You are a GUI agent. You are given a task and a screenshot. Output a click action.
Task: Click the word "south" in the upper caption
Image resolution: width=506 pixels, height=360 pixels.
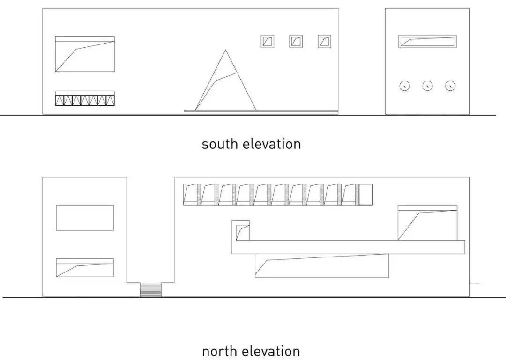pyautogui.click(x=220, y=144)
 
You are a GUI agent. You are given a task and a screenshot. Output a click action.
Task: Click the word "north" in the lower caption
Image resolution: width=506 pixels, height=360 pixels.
pyautogui.click(x=219, y=351)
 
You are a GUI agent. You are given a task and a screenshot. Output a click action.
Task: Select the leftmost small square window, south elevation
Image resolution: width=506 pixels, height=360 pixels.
pyautogui.click(x=267, y=41)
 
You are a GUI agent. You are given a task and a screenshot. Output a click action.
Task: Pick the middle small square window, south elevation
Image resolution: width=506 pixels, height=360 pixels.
pyautogui.click(x=296, y=41)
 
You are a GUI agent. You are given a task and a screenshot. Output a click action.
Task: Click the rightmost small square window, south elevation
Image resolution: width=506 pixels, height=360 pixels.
pyautogui.click(x=324, y=41)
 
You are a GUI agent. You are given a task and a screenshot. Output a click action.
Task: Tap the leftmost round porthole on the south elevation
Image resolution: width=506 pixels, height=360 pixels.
pyautogui.click(x=404, y=86)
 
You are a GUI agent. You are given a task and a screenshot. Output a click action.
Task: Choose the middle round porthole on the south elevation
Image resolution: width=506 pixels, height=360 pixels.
pyautogui.click(x=427, y=86)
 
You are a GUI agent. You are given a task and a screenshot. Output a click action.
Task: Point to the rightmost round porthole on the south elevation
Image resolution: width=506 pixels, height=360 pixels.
pyautogui.click(x=450, y=86)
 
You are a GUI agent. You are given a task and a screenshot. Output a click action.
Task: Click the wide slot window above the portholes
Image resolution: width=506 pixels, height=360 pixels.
pyautogui.click(x=427, y=41)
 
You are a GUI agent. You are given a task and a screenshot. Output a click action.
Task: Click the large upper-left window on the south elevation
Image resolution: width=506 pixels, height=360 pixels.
pyautogui.click(x=85, y=54)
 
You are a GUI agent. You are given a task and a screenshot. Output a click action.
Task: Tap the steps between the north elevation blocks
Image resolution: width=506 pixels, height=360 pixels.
pyautogui.click(x=150, y=290)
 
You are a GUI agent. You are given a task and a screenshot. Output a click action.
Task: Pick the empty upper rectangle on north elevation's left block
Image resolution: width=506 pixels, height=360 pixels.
pyautogui.click(x=85, y=218)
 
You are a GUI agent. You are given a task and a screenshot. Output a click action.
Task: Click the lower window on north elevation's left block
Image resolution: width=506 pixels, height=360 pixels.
pyautogui.click(x=85, y=267)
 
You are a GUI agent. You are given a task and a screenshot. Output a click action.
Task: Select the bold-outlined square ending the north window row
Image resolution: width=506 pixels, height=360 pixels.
pyautogui.click(x=365, y=194)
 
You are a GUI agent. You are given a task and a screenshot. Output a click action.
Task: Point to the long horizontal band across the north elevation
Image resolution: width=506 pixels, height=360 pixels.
pyautogui.click(x=348, y=247)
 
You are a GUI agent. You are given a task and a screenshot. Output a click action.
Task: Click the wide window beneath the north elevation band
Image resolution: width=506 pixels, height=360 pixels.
pyautogui.click(x=322, y=266)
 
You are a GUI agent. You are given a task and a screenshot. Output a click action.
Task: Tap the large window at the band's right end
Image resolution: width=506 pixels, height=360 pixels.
pyautogui.click(x=427, y=223)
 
